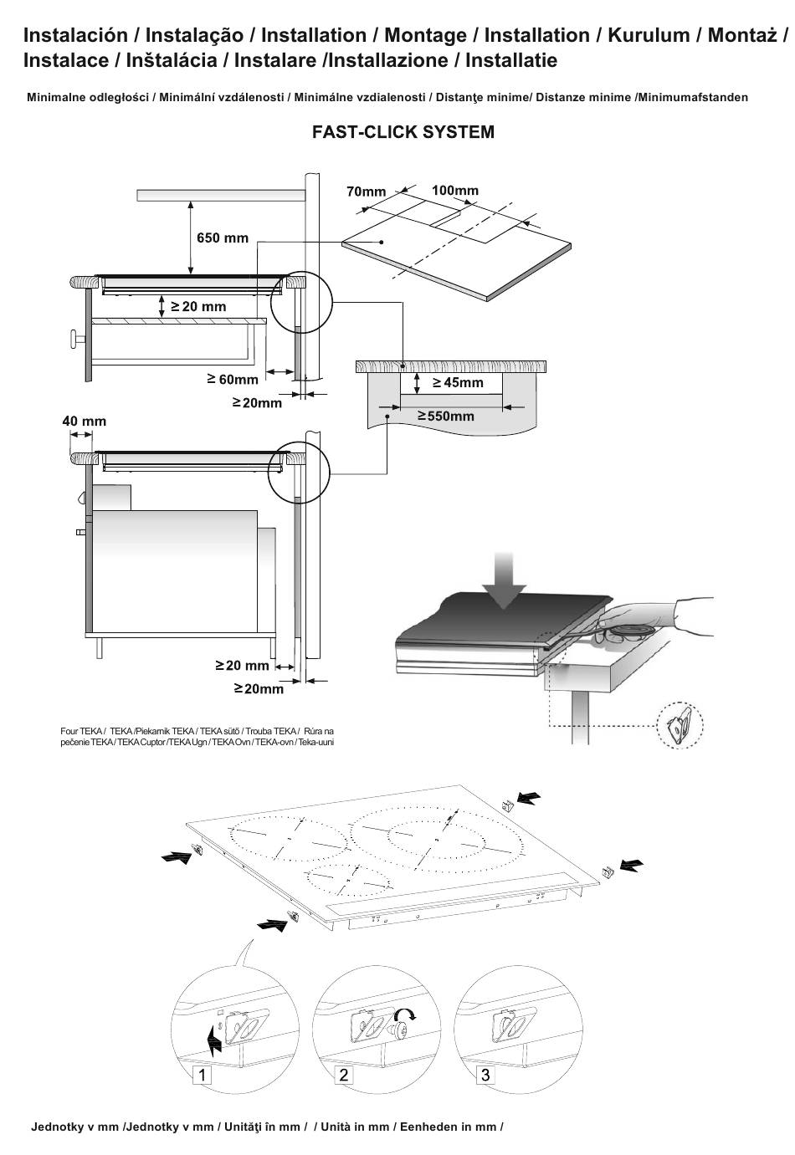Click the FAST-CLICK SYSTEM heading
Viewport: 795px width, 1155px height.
(403, 132)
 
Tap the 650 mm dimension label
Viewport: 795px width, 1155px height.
(223, 238)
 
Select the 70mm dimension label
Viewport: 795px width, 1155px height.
(366, 192)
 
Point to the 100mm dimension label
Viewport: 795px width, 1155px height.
(454, 190)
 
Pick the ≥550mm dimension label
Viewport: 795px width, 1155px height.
(446, 417)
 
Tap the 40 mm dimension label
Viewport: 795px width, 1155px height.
(84, 422)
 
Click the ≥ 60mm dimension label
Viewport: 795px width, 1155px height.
(233, 380)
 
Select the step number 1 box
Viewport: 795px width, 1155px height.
(202, 1075)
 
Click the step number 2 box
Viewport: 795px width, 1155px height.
(344, 1075)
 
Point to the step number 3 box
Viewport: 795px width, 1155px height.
(485, 1075)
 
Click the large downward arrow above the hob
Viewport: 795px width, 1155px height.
(504, 580)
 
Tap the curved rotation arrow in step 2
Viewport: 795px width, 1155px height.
(405, 1015)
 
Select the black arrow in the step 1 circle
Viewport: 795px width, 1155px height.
(213, 1037)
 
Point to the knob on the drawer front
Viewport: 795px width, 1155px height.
(77, 340)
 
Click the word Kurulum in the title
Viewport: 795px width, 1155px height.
(649, 35)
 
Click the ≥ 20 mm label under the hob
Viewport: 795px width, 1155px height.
(198, 306)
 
